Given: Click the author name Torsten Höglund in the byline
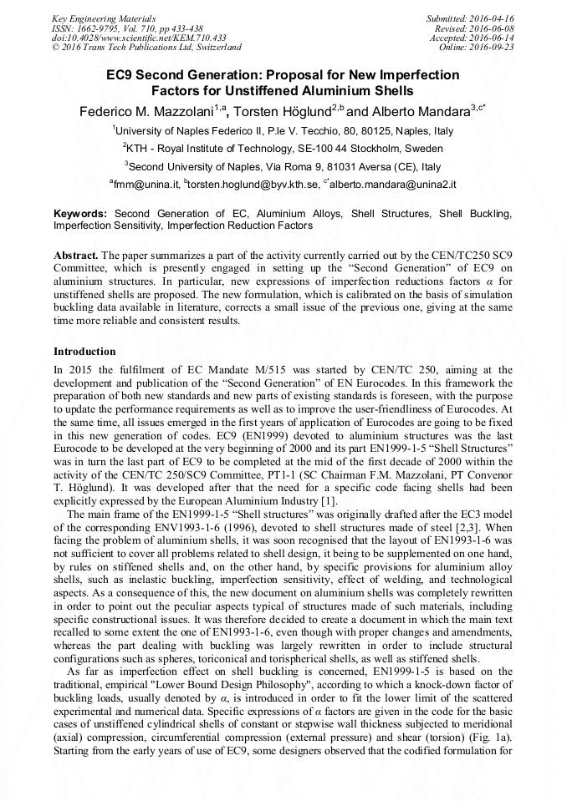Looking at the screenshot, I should coord(282,111).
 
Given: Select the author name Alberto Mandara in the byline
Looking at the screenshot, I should coord(421,111).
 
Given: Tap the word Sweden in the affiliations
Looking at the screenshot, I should coord(427,149).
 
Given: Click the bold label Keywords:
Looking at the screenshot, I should coord(80,215).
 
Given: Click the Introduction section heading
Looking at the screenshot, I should coord(84,352).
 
